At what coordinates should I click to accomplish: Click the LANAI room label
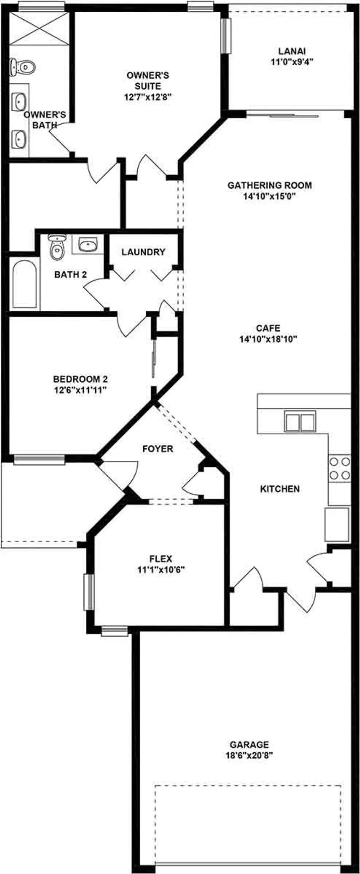pos(292,51)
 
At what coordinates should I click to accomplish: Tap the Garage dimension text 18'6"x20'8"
pos(249,755)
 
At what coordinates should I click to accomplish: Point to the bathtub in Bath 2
pos(24,284)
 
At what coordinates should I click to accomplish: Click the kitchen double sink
pos(300,421)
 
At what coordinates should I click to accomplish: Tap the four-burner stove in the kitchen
pos(339,468)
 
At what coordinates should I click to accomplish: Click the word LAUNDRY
pos(143,252)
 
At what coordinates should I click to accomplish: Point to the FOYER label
pos(157,449)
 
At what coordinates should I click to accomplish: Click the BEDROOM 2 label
pos(80,379)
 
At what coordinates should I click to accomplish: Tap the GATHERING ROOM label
pos(270,185)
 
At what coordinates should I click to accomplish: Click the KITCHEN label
pos(280,489)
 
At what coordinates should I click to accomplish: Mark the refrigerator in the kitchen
pos(337,525)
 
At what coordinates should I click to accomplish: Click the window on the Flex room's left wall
pos(88,592)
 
